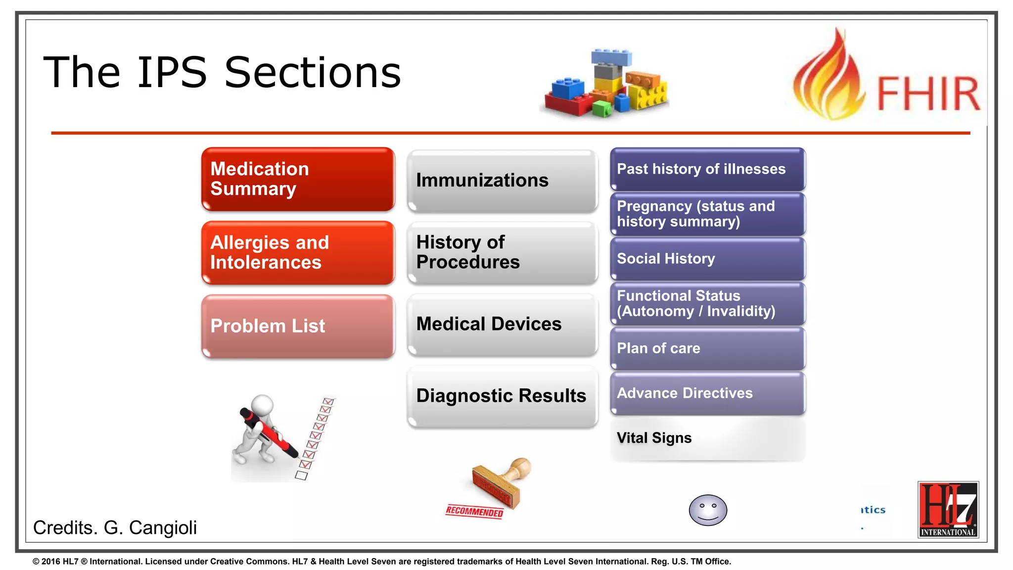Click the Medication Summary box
click(x=298, y=179)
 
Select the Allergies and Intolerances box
click(x=298, y=253)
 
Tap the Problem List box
click(x=298, y=326)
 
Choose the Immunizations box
click(x=502, y=181)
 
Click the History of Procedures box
click(x=502, y=252)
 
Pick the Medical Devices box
click(x=502, y=324)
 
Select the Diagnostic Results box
click(x=502, y=396)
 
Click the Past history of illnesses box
click(x=707, y=169)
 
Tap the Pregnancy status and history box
click(x=707, y=214)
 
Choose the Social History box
click(x=707, y=259)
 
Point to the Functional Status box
click(x=707, y=303)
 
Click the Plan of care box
click(x=707, y=348)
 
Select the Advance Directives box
click(x=707, y=393)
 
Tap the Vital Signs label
click(x=654, y=438)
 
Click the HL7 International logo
click(x=948, y=510)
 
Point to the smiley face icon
click(x=708, y=510)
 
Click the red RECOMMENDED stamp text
click(x=474, y=512)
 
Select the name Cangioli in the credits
click(x=163, y=528)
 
